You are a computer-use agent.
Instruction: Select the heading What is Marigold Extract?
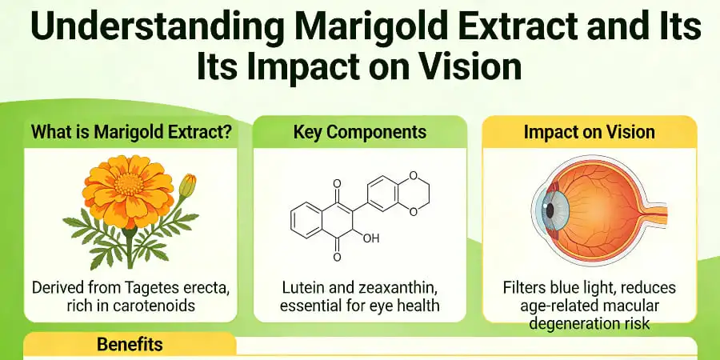[x=132, y=132]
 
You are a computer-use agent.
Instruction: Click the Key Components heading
[x=360, y=132]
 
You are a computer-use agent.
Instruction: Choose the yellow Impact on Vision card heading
[x=589, y=132]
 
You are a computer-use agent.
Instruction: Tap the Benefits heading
[x=130, y=345]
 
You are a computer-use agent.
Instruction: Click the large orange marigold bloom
[x=128, y=188]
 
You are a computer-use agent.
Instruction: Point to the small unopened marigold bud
[x=186, y=186]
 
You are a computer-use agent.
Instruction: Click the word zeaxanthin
[x=396, y=288]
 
